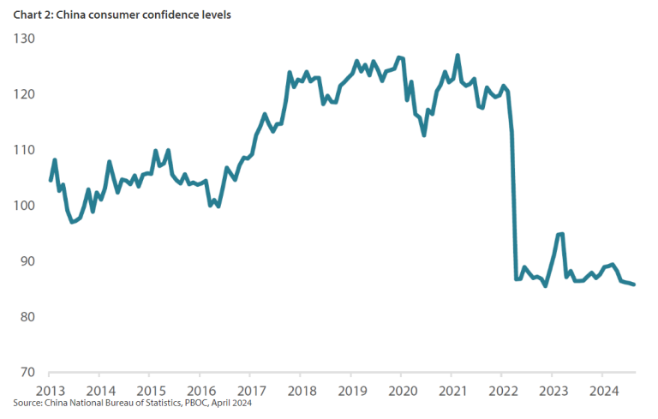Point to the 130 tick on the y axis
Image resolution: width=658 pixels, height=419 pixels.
pyautogui.click(x=24, y=39)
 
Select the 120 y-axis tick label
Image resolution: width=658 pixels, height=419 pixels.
pyautogui.click(x=24, y=94)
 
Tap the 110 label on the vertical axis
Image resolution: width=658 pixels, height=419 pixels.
pyautogui.click(x=24, y=150)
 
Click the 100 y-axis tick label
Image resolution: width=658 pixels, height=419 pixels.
pyautogui.click(x=24, y=206)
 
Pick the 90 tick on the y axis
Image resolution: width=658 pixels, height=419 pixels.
pyautogui.click(x=27, y=261)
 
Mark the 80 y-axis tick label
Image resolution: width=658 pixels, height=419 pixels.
pyautogui.click(x=27, y=317)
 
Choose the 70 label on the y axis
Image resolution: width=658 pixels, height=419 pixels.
pyautogui.click(x=27, y=373)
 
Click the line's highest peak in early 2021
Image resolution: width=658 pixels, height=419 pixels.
pyautogui.click(x=458, y=56)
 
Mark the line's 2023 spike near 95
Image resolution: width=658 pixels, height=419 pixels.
pyautogui.click(x=560, y=234)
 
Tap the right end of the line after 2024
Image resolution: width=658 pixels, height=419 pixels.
pyautogui.click(x=634, y=284)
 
